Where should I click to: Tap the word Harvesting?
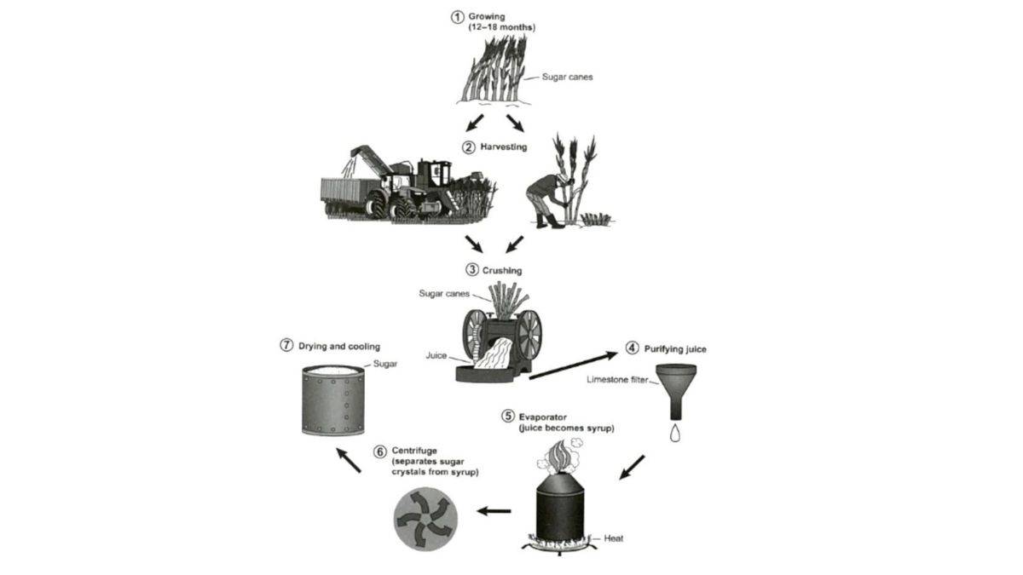[504, 147]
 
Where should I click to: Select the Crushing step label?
[502, 270]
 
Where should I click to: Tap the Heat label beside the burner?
[613, 538]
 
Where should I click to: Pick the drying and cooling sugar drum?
[333, 400]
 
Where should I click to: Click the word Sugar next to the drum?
[385, 363]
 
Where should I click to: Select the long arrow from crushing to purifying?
[571, 364]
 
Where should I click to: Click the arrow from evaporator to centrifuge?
[494, 511]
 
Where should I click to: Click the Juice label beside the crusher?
[436, 356]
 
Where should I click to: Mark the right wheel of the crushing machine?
[529, 333]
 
